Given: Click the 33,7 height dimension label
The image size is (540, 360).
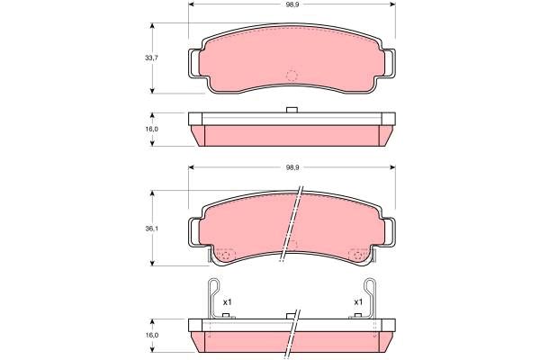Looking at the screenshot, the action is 151,58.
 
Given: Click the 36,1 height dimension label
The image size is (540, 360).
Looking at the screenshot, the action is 151,228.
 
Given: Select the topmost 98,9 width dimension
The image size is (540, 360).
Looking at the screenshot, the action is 292,4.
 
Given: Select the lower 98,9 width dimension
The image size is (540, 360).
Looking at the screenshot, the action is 292,167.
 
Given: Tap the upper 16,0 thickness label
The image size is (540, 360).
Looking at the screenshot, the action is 151,130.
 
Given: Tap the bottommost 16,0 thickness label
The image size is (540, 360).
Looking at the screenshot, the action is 151,335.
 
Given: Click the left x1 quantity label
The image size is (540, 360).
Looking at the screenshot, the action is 228,302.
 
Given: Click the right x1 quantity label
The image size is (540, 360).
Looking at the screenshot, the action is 358,302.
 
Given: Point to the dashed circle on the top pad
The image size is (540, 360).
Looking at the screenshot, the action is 292,76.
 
